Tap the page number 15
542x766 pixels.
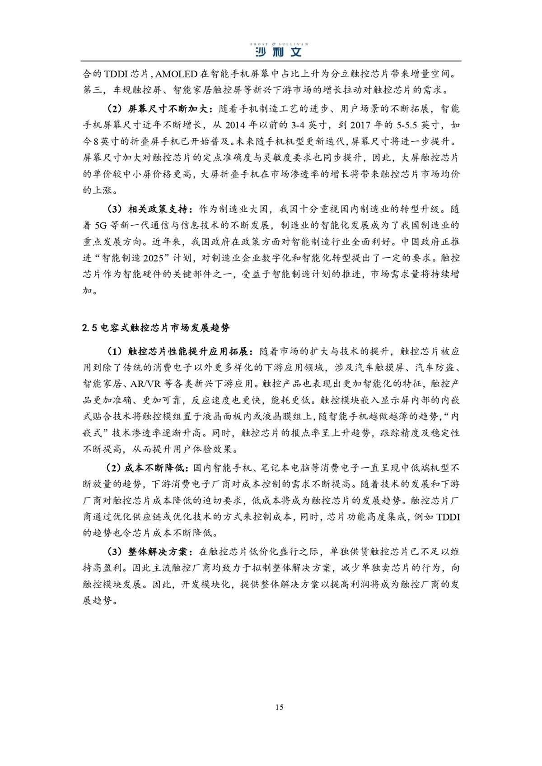(279, 707)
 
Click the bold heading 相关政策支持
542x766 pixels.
(157, 209)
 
